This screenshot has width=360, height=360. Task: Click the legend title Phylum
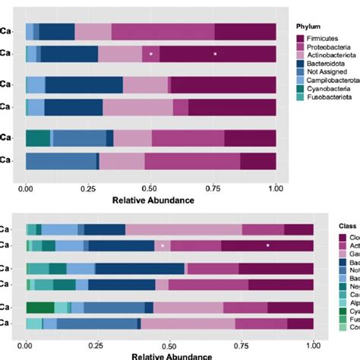[x=311, y=26]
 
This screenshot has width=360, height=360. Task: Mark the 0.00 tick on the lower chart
[x=27, y=343]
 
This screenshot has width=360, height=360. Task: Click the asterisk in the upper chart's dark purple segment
[x=215, y=54]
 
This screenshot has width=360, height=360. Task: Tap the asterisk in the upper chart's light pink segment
[x=151, y=54]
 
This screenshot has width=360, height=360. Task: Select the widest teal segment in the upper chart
[x=38, y=137]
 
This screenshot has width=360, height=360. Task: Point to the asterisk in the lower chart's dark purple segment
[x=268, y=245]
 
